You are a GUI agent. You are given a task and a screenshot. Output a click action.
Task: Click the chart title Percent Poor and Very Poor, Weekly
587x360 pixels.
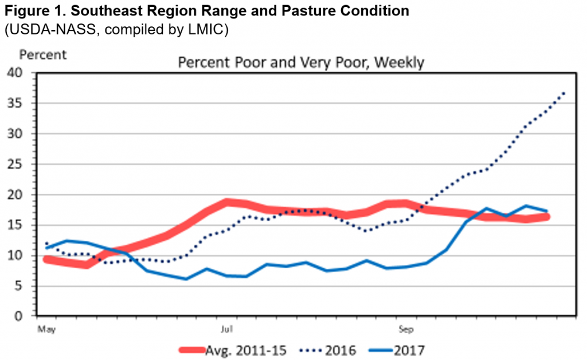(x=301, y=62)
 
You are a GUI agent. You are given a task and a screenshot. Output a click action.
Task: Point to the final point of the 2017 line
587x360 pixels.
(x=547, y=212)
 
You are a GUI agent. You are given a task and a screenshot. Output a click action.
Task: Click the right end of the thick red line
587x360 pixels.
(x=547, y=217)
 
